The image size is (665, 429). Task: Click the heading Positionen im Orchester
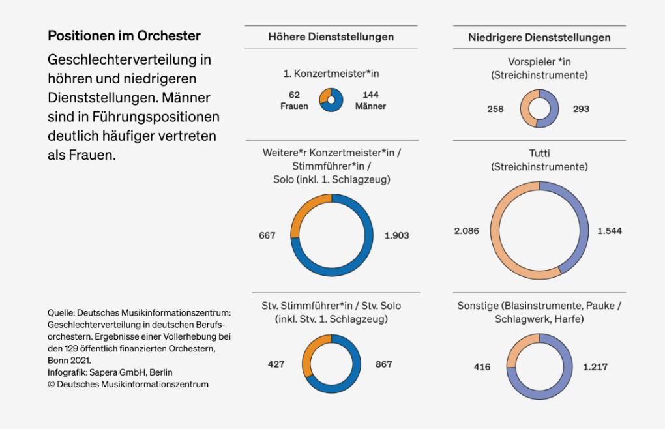[x=125, y=35]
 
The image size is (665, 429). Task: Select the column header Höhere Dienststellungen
[x=331, y=37]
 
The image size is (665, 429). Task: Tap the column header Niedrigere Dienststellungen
[x=539, y=37]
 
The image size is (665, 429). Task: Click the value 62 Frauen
[x=294, y=100]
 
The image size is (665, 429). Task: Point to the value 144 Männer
[x=370, y=100]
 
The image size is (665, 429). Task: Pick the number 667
[x=267, y=235]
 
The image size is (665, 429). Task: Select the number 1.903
[x=396, y=235]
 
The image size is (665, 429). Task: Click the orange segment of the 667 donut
[x=299, y=212]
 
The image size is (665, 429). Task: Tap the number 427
[x=276, y=364]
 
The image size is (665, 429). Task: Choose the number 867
[x=384, y=364]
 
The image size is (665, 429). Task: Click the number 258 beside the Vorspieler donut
[x=495, y=109]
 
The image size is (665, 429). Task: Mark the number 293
[x=580, y=109]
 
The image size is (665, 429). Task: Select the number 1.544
[x=609, y=231]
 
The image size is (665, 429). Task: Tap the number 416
[x=482, y=367]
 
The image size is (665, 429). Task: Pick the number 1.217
[x=595, y=367]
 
